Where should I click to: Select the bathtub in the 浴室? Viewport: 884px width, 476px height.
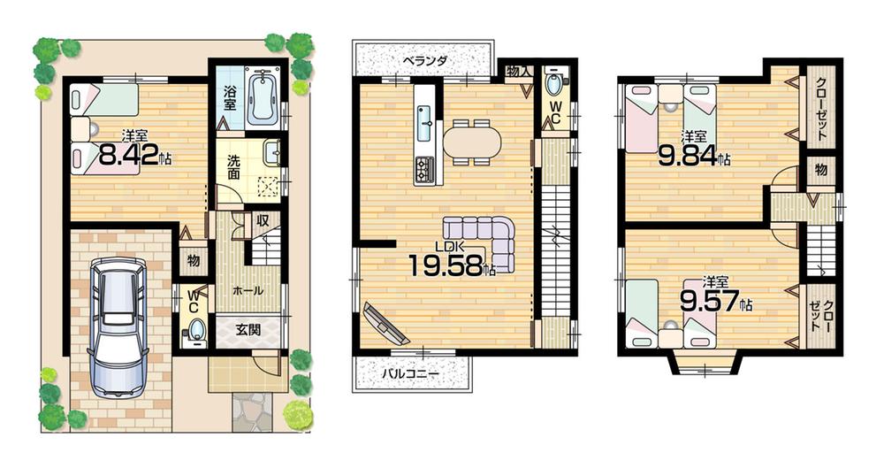tap(263, 100)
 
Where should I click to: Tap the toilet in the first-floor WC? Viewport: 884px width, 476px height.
tap(197, 330)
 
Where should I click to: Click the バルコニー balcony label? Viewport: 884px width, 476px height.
tap(410, 373)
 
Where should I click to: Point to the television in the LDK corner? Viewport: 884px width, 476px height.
tap(385, 324)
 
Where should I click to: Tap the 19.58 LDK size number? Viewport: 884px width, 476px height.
tap(449, 265)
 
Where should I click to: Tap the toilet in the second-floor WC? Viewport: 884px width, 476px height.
tap(554, 86)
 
